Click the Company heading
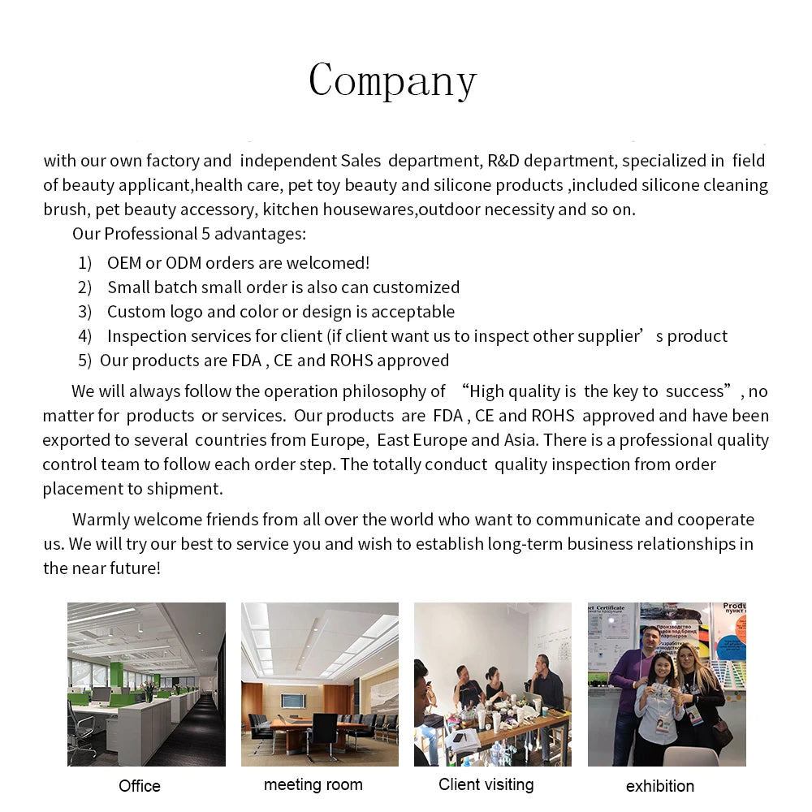pyautogui.click(x=392, y=81)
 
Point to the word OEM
pyautogui.click(x=123, y=263)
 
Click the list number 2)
pyautogui.click(x=85, y=287)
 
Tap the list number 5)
pyautogui.click(x=85, y=361)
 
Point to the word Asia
pyautogui.click(x=520, y=440)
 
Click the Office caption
pyautogui.click(x=140, y=786)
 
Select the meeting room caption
pyautogui.click(x=313, y=785)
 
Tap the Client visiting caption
pyautogui.click(x=486, y=784)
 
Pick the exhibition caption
pyautogui.click(x=660, y=786)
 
